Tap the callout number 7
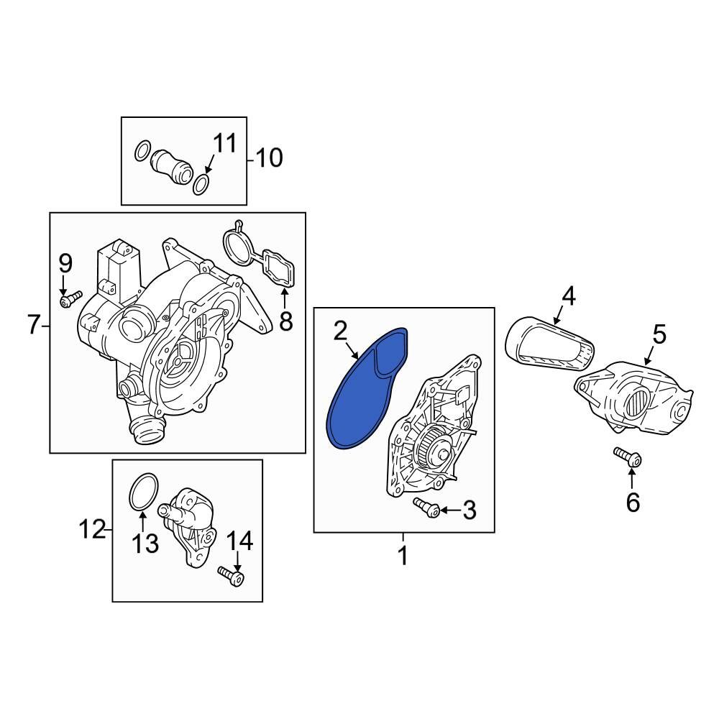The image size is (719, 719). (33, 326)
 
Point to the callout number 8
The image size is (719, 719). (286, 321)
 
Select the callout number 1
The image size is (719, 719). (403, 555)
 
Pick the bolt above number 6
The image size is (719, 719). (628, 457)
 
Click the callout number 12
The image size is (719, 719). (92, 531)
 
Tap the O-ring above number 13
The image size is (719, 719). (143, 492)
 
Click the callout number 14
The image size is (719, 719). (240, 541)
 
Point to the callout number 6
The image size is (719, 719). (633, 503)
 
